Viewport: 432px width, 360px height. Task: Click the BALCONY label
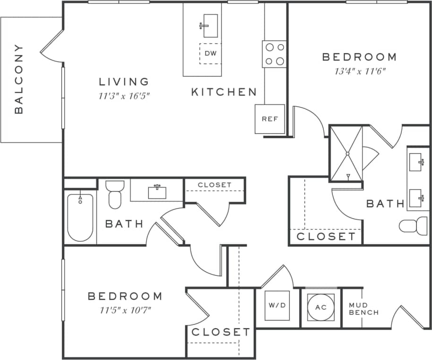19,79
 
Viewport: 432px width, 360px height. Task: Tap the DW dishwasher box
210,53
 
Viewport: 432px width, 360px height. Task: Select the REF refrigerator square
270,119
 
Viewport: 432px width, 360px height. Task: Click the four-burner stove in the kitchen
275,54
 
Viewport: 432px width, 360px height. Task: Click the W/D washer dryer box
277,305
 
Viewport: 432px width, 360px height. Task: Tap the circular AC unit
321,307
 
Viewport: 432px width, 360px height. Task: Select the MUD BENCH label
363,309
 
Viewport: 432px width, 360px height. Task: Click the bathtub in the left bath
80,218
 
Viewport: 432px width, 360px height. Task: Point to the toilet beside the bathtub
115,194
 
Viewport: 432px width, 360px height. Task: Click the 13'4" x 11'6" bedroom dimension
359,72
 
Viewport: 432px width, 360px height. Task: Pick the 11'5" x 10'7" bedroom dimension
125,311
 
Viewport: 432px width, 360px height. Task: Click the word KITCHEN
224,92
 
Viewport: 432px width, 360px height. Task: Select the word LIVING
124,82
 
